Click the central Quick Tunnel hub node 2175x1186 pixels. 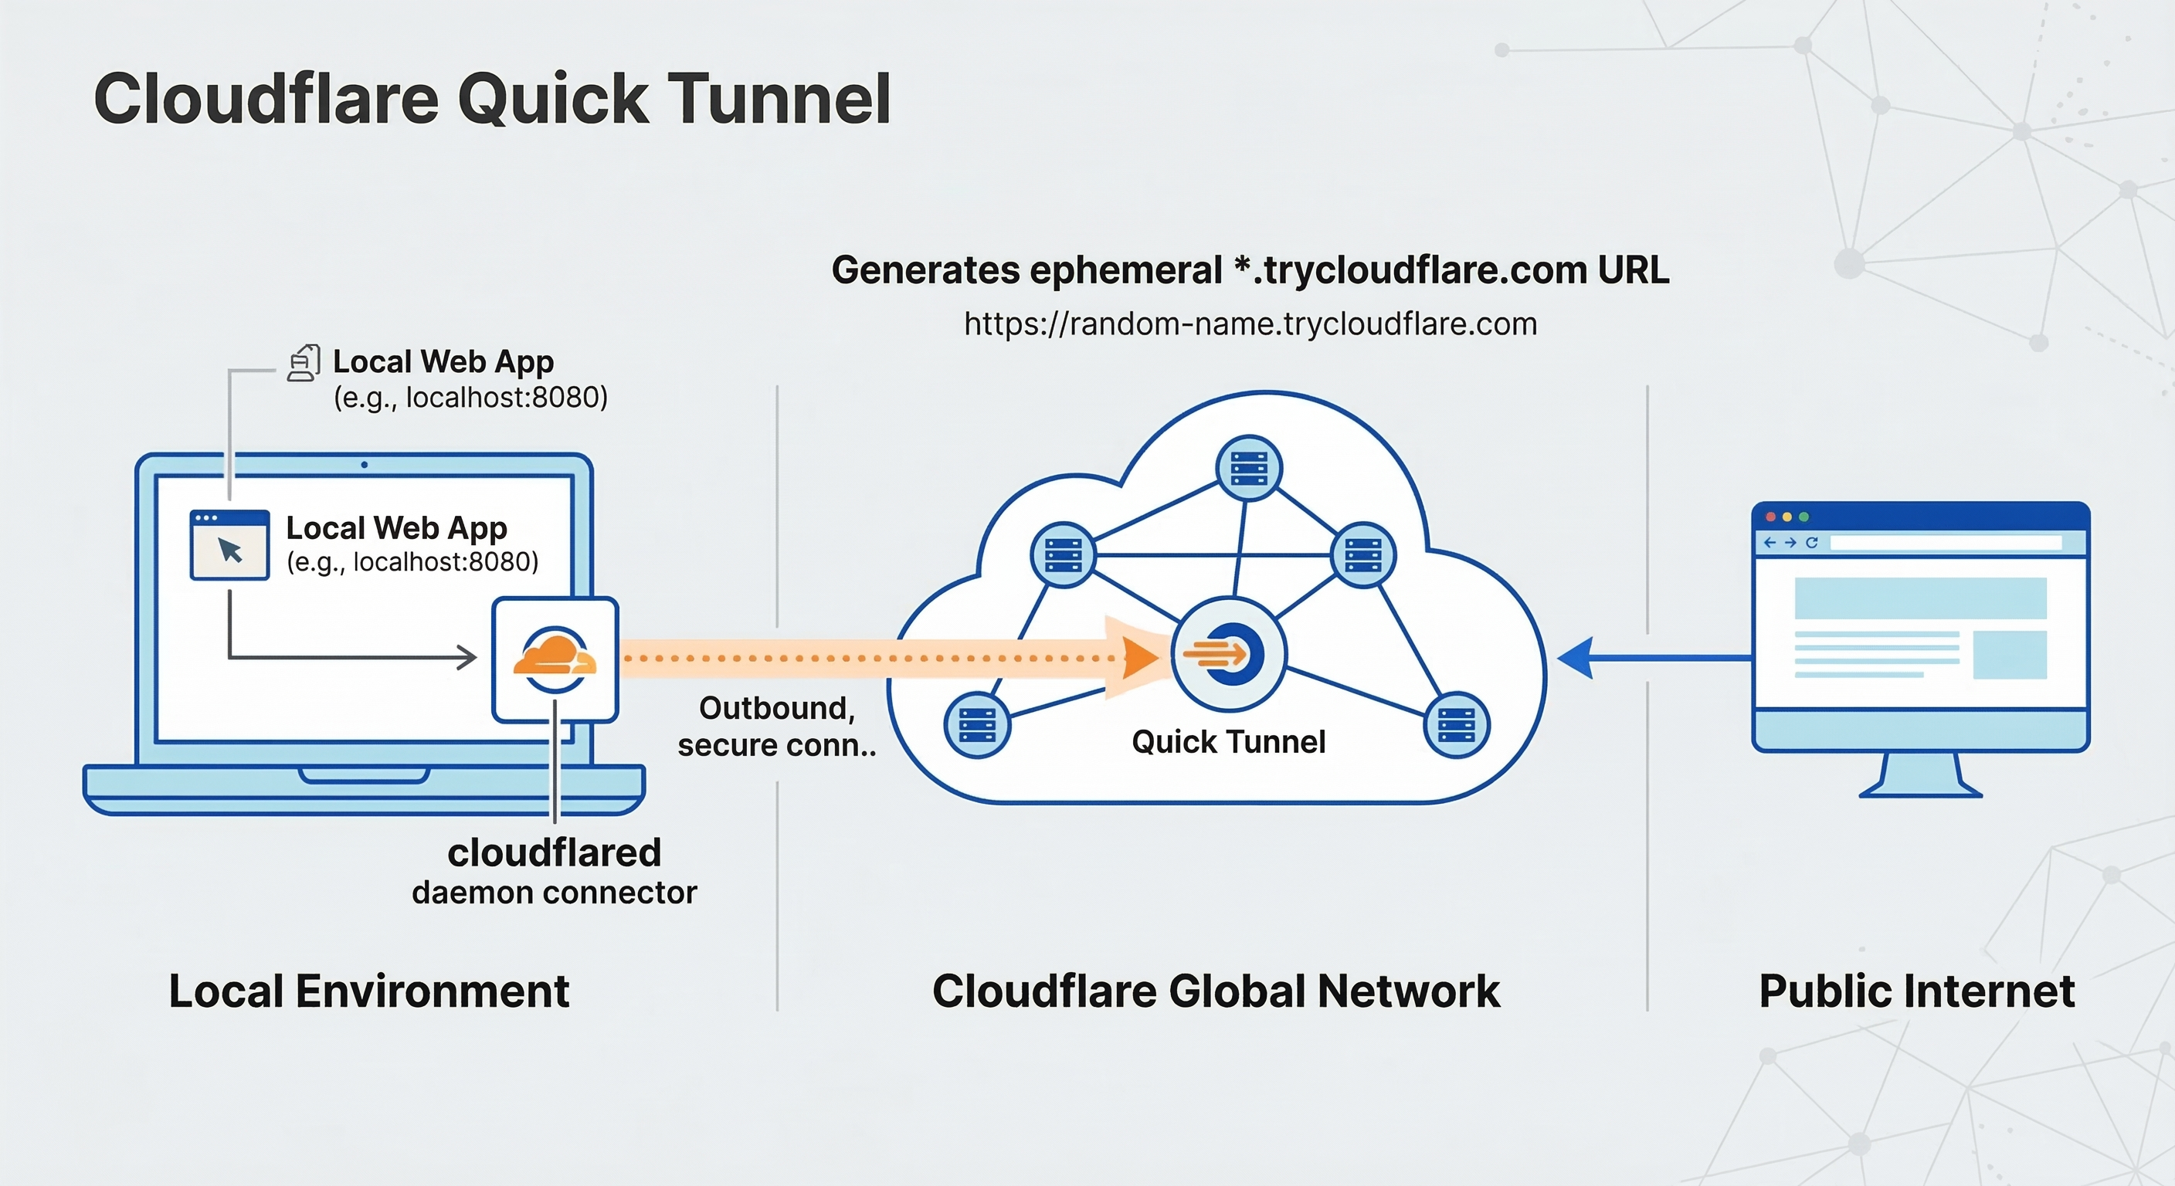(1230, 654)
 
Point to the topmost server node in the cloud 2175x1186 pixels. (1249, 469)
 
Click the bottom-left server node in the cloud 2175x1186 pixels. (977, 725)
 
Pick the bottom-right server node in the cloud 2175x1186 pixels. (1457, 725)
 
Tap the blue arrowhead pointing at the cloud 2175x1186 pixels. (1576, 658)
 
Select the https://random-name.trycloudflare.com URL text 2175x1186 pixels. (1250, 324)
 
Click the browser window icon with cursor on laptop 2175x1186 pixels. (229, 545)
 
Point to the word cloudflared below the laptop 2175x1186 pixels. (554, 852)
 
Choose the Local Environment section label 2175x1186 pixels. (369, 991)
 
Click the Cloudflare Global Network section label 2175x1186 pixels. (1216, 991)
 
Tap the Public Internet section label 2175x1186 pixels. (1916, 991)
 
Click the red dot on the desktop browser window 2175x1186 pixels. (1770, 517)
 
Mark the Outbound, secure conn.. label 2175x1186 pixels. (777, 726)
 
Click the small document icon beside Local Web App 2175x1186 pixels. (303, 363)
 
